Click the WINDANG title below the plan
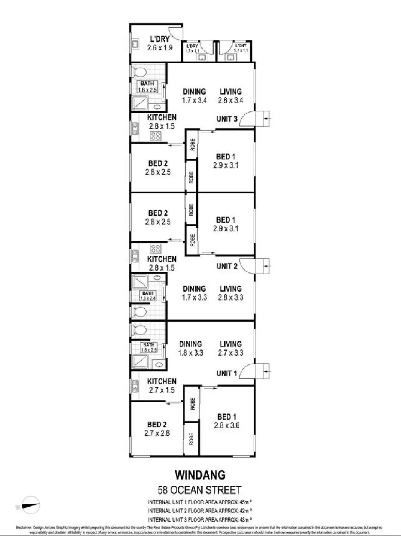(x=200, y=475)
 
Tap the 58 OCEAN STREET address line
(x=199, y=490)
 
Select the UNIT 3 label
(x=227, y=119)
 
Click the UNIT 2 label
(x=227, y=266)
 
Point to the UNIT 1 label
(x=227, y=373)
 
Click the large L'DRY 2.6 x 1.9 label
(x=160, y=43)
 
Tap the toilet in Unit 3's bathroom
(x=139, y=72)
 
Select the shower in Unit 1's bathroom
(x=140, y=361)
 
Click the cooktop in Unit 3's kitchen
(x=156, y=136)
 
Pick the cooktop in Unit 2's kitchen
(x=156, y=248)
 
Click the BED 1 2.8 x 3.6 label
(x=227, y=421)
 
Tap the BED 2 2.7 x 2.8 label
(x=157, y=429)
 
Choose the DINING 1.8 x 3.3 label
(x=190, y=348)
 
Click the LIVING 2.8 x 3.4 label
(x=230, y=96)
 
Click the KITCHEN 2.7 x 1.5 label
(x=162, y=386)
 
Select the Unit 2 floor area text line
(x=200, y=510)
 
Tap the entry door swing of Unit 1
(x=247, y=371)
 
